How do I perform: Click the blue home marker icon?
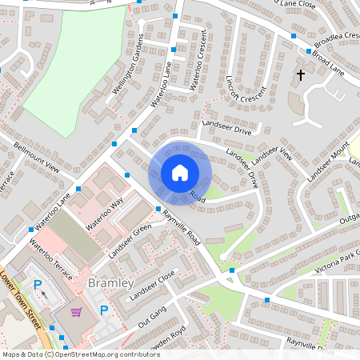[x=180, y=173]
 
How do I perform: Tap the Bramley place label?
[x=110, y=283]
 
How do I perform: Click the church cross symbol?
[x=302, y=75]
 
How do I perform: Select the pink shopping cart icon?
[x=77, y=312]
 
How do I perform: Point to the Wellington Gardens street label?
[x=128, y=65]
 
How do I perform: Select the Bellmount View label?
[x=38, y=158]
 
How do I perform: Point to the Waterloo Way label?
[x=105, y=216]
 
